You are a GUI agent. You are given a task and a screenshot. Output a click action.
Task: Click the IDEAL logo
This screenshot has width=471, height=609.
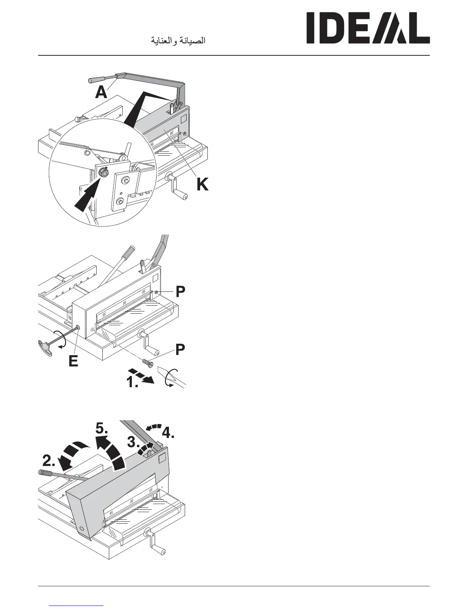point(367,28)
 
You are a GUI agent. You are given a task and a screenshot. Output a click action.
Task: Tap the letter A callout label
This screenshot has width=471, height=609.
point(101,92)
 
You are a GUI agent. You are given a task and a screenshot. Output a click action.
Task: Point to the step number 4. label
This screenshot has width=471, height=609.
point(168,433)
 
